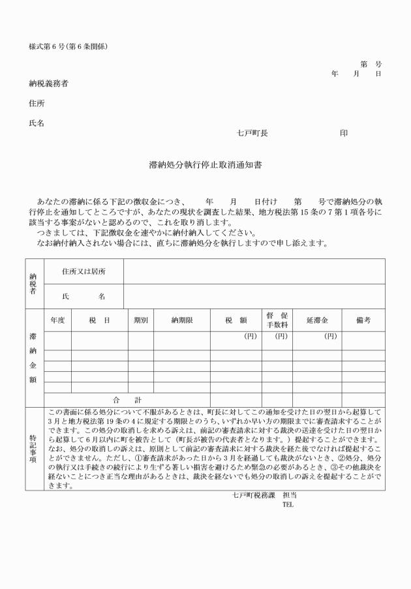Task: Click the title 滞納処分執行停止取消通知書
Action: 205,166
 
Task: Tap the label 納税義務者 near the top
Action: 49,84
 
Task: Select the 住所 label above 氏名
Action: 37,104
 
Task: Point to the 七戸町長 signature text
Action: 252,133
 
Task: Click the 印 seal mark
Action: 344,133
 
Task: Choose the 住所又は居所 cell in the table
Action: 84,271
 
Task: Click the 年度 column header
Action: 57,320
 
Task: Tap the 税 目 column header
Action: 99,320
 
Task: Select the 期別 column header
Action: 141,320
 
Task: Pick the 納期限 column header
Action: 181,320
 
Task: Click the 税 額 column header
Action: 235,320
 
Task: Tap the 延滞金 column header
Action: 317,320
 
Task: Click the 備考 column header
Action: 363,320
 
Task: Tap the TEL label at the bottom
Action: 288,504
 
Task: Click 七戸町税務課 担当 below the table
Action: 265,495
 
